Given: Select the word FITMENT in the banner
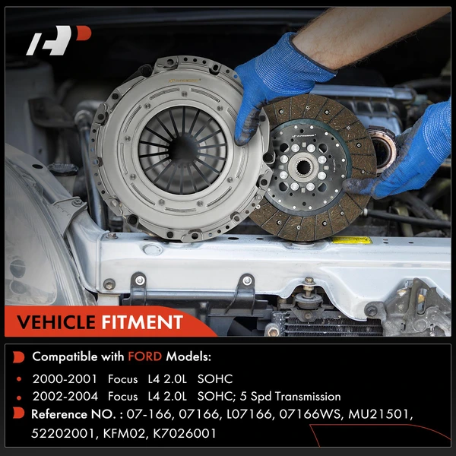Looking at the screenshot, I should coord(142,323).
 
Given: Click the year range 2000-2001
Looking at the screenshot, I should coord(60,378).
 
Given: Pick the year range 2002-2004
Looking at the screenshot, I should coord(60,396).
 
